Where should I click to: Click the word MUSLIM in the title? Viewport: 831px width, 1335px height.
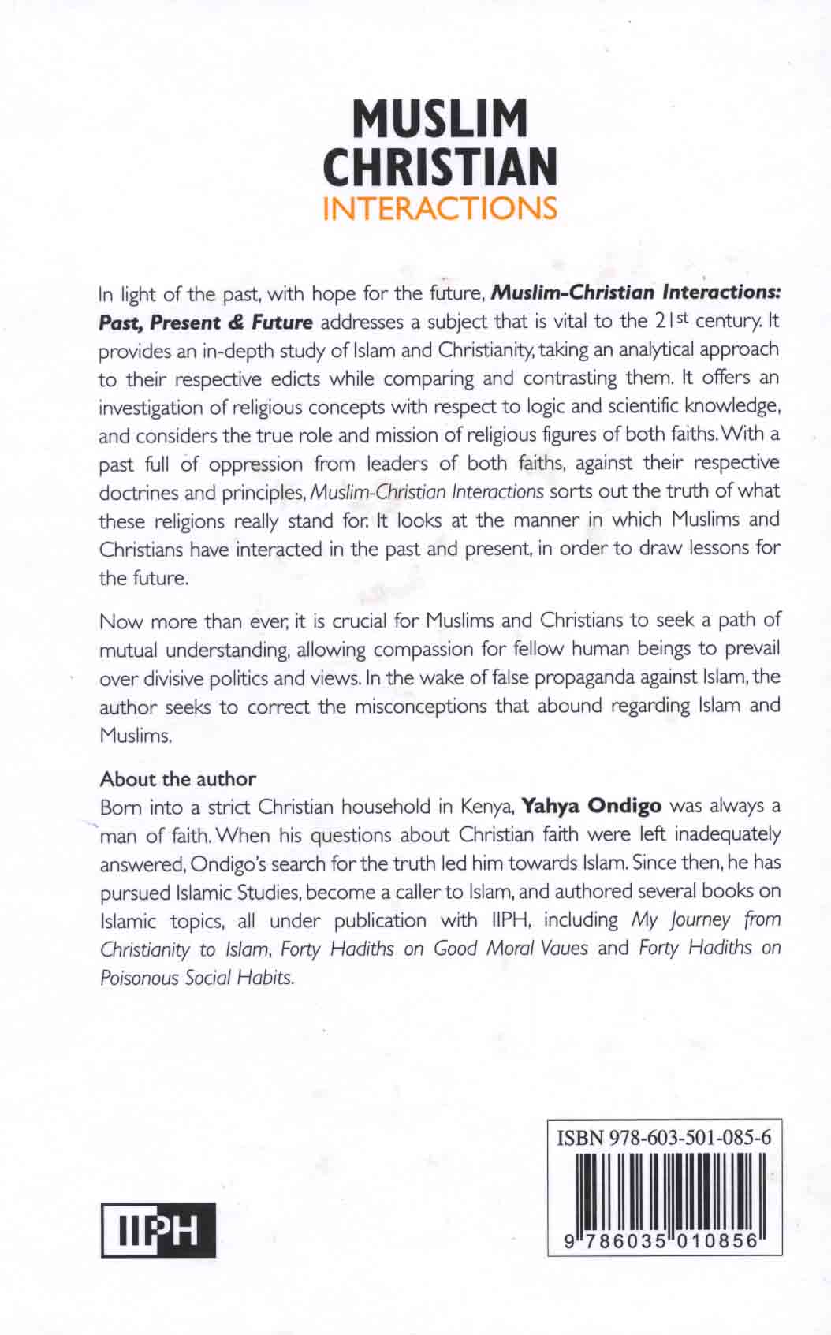440,119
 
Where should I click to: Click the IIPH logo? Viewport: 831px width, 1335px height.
158,1229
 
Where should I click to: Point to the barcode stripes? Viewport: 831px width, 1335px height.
664,1190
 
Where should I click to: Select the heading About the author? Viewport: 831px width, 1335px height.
177,779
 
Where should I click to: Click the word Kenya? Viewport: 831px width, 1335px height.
489,807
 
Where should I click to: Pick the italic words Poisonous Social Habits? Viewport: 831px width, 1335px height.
197,978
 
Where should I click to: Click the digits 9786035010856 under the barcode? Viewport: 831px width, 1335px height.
664,1240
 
